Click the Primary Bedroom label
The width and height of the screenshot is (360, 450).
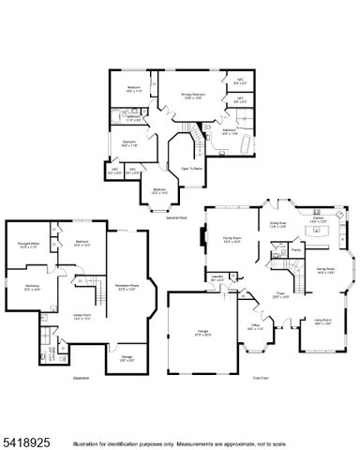[193, 95]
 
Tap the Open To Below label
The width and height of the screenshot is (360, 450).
[193, 168]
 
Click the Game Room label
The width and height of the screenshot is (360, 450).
[81, 317]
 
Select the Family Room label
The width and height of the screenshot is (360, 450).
[233, 241]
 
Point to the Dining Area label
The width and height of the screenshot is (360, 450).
[279, 224]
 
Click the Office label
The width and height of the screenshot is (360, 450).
[255, 327]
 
